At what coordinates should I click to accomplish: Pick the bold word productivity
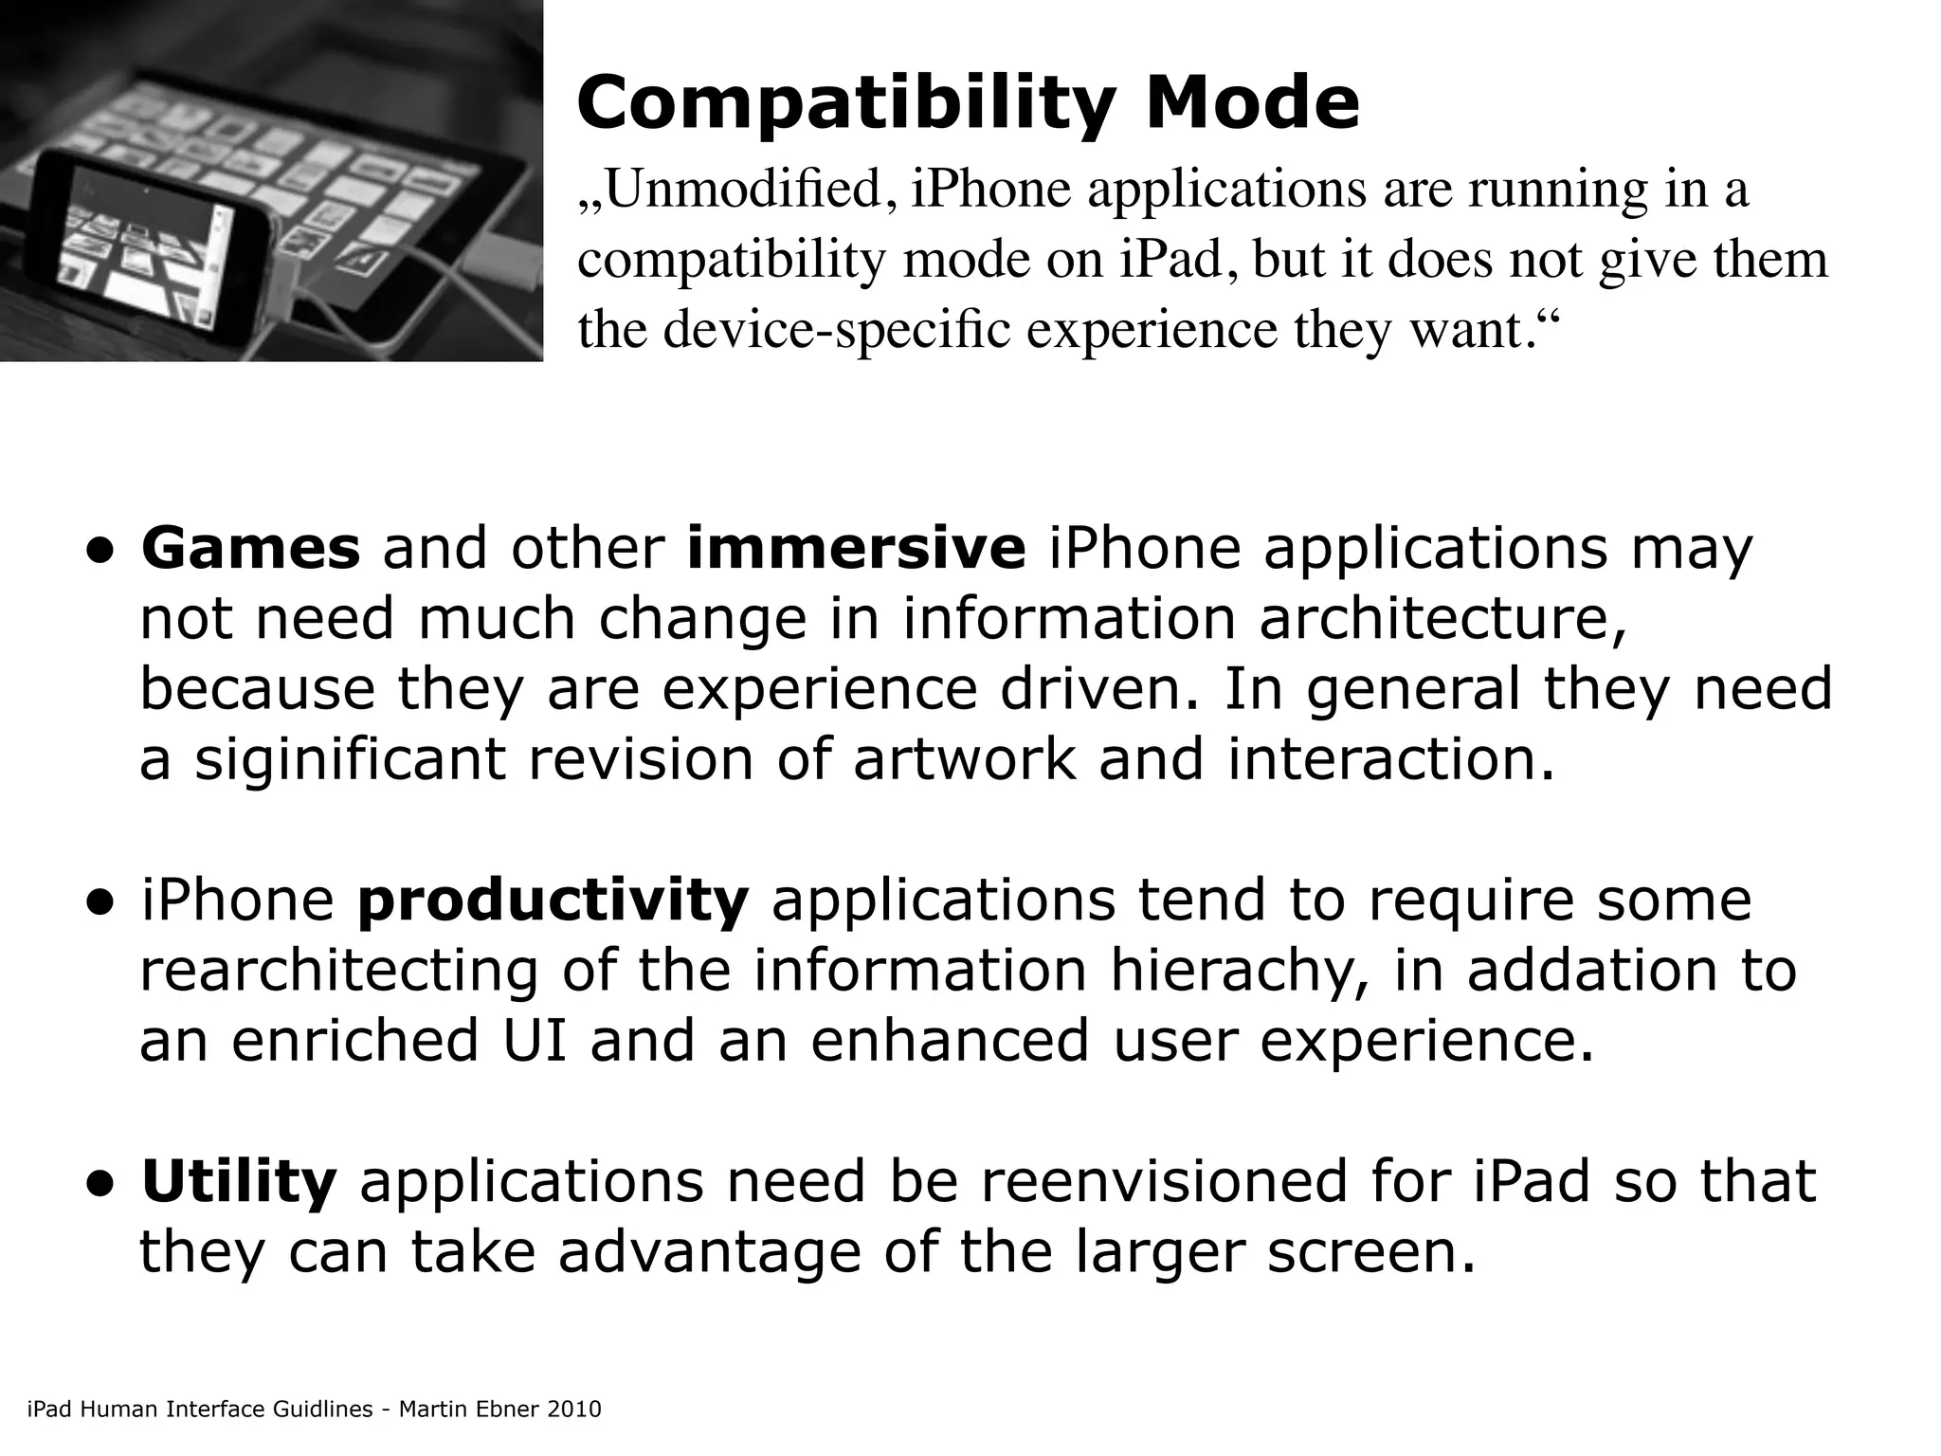(553, 901)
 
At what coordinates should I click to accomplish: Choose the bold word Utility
(239, 1182)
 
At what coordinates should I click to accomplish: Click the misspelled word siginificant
(351, 759)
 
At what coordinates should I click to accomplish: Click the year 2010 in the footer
(574, 1410)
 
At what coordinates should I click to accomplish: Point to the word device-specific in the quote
(838, 330)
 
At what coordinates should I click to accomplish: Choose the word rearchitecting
(338, 972)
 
